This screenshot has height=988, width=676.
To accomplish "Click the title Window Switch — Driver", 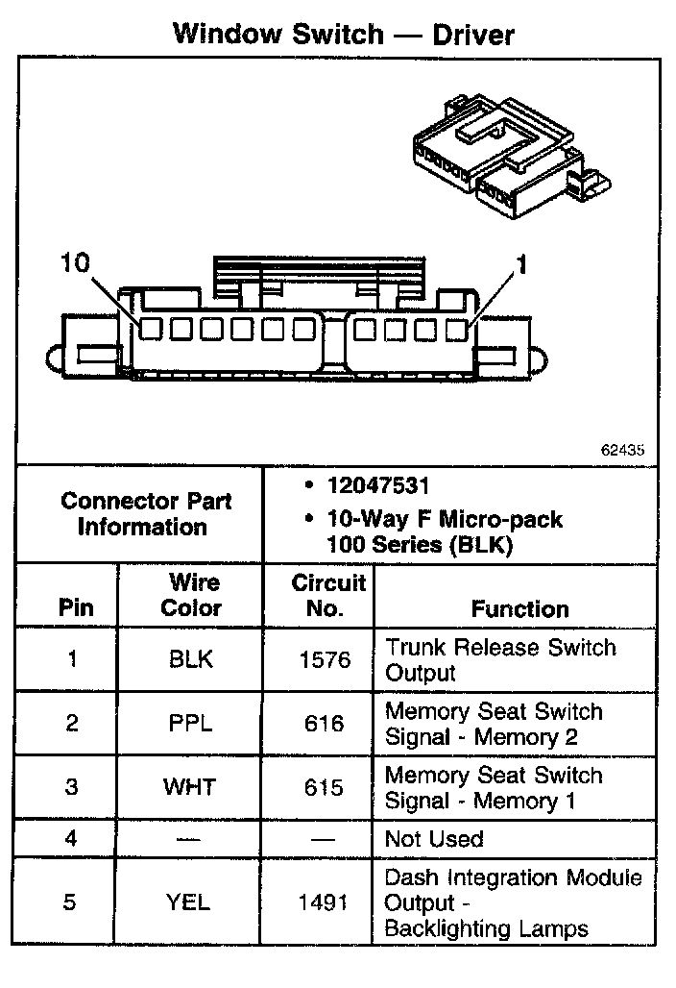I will [x=343, y=35].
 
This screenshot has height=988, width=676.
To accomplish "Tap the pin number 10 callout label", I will [x=76, y=262].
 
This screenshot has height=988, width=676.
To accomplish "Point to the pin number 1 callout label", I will [x=521, y=264].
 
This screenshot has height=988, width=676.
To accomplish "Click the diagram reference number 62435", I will [x=623, y=449].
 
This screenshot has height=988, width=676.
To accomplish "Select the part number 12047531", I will [x=377, y=487].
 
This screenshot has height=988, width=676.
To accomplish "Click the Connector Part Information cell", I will [x=140, y=514].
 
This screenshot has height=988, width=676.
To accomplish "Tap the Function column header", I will [x=519, y=608].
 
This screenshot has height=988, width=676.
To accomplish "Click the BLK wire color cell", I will [x=190, y=660].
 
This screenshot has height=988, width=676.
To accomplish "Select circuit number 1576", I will [x=320, y=660].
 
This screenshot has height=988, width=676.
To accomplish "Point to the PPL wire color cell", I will [x=190, y=724].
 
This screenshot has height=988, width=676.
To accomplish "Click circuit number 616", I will [x=323, y=724].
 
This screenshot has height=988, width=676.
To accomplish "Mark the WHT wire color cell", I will [x=190, y=787].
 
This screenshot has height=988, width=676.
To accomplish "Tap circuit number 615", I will [x=323, y=787].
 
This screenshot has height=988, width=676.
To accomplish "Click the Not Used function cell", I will [x=434, y=839].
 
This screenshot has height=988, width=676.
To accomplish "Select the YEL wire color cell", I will [x=190, y=902].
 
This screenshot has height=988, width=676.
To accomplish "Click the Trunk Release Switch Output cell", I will [x=500, y=660].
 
